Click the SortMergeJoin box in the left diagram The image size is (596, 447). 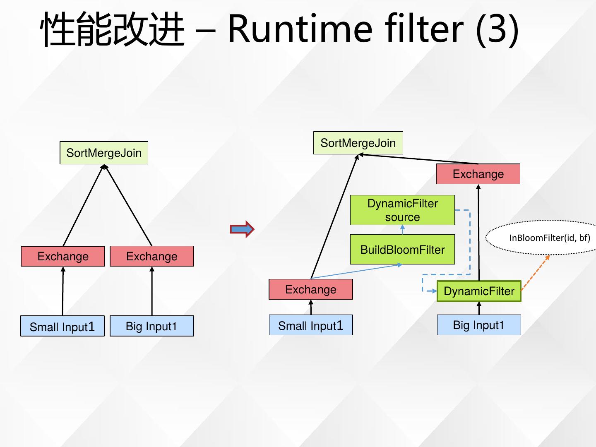point(104,153)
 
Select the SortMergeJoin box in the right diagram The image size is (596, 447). point(358,143)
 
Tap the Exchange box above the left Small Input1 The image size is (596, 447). point(63,256)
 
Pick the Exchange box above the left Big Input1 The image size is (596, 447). point(152,256)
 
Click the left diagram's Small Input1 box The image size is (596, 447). point(62,326)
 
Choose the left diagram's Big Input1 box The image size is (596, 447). point(152,326)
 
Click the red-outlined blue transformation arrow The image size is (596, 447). point(242,229)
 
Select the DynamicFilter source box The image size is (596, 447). point(402,210)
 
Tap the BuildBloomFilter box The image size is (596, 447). point(402,250)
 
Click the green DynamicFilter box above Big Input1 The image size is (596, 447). point(479,291)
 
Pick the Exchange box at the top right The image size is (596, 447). point(478,174)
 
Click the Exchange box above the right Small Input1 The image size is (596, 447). point(311,289)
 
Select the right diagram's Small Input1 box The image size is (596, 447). point(311,325)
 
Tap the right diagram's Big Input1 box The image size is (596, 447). point(479,325)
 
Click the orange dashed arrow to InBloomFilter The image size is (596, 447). point(535,273)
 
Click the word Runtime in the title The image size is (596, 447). point(300,29)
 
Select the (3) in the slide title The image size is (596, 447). point(497,30)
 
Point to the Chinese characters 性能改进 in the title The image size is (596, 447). point(113,29)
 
